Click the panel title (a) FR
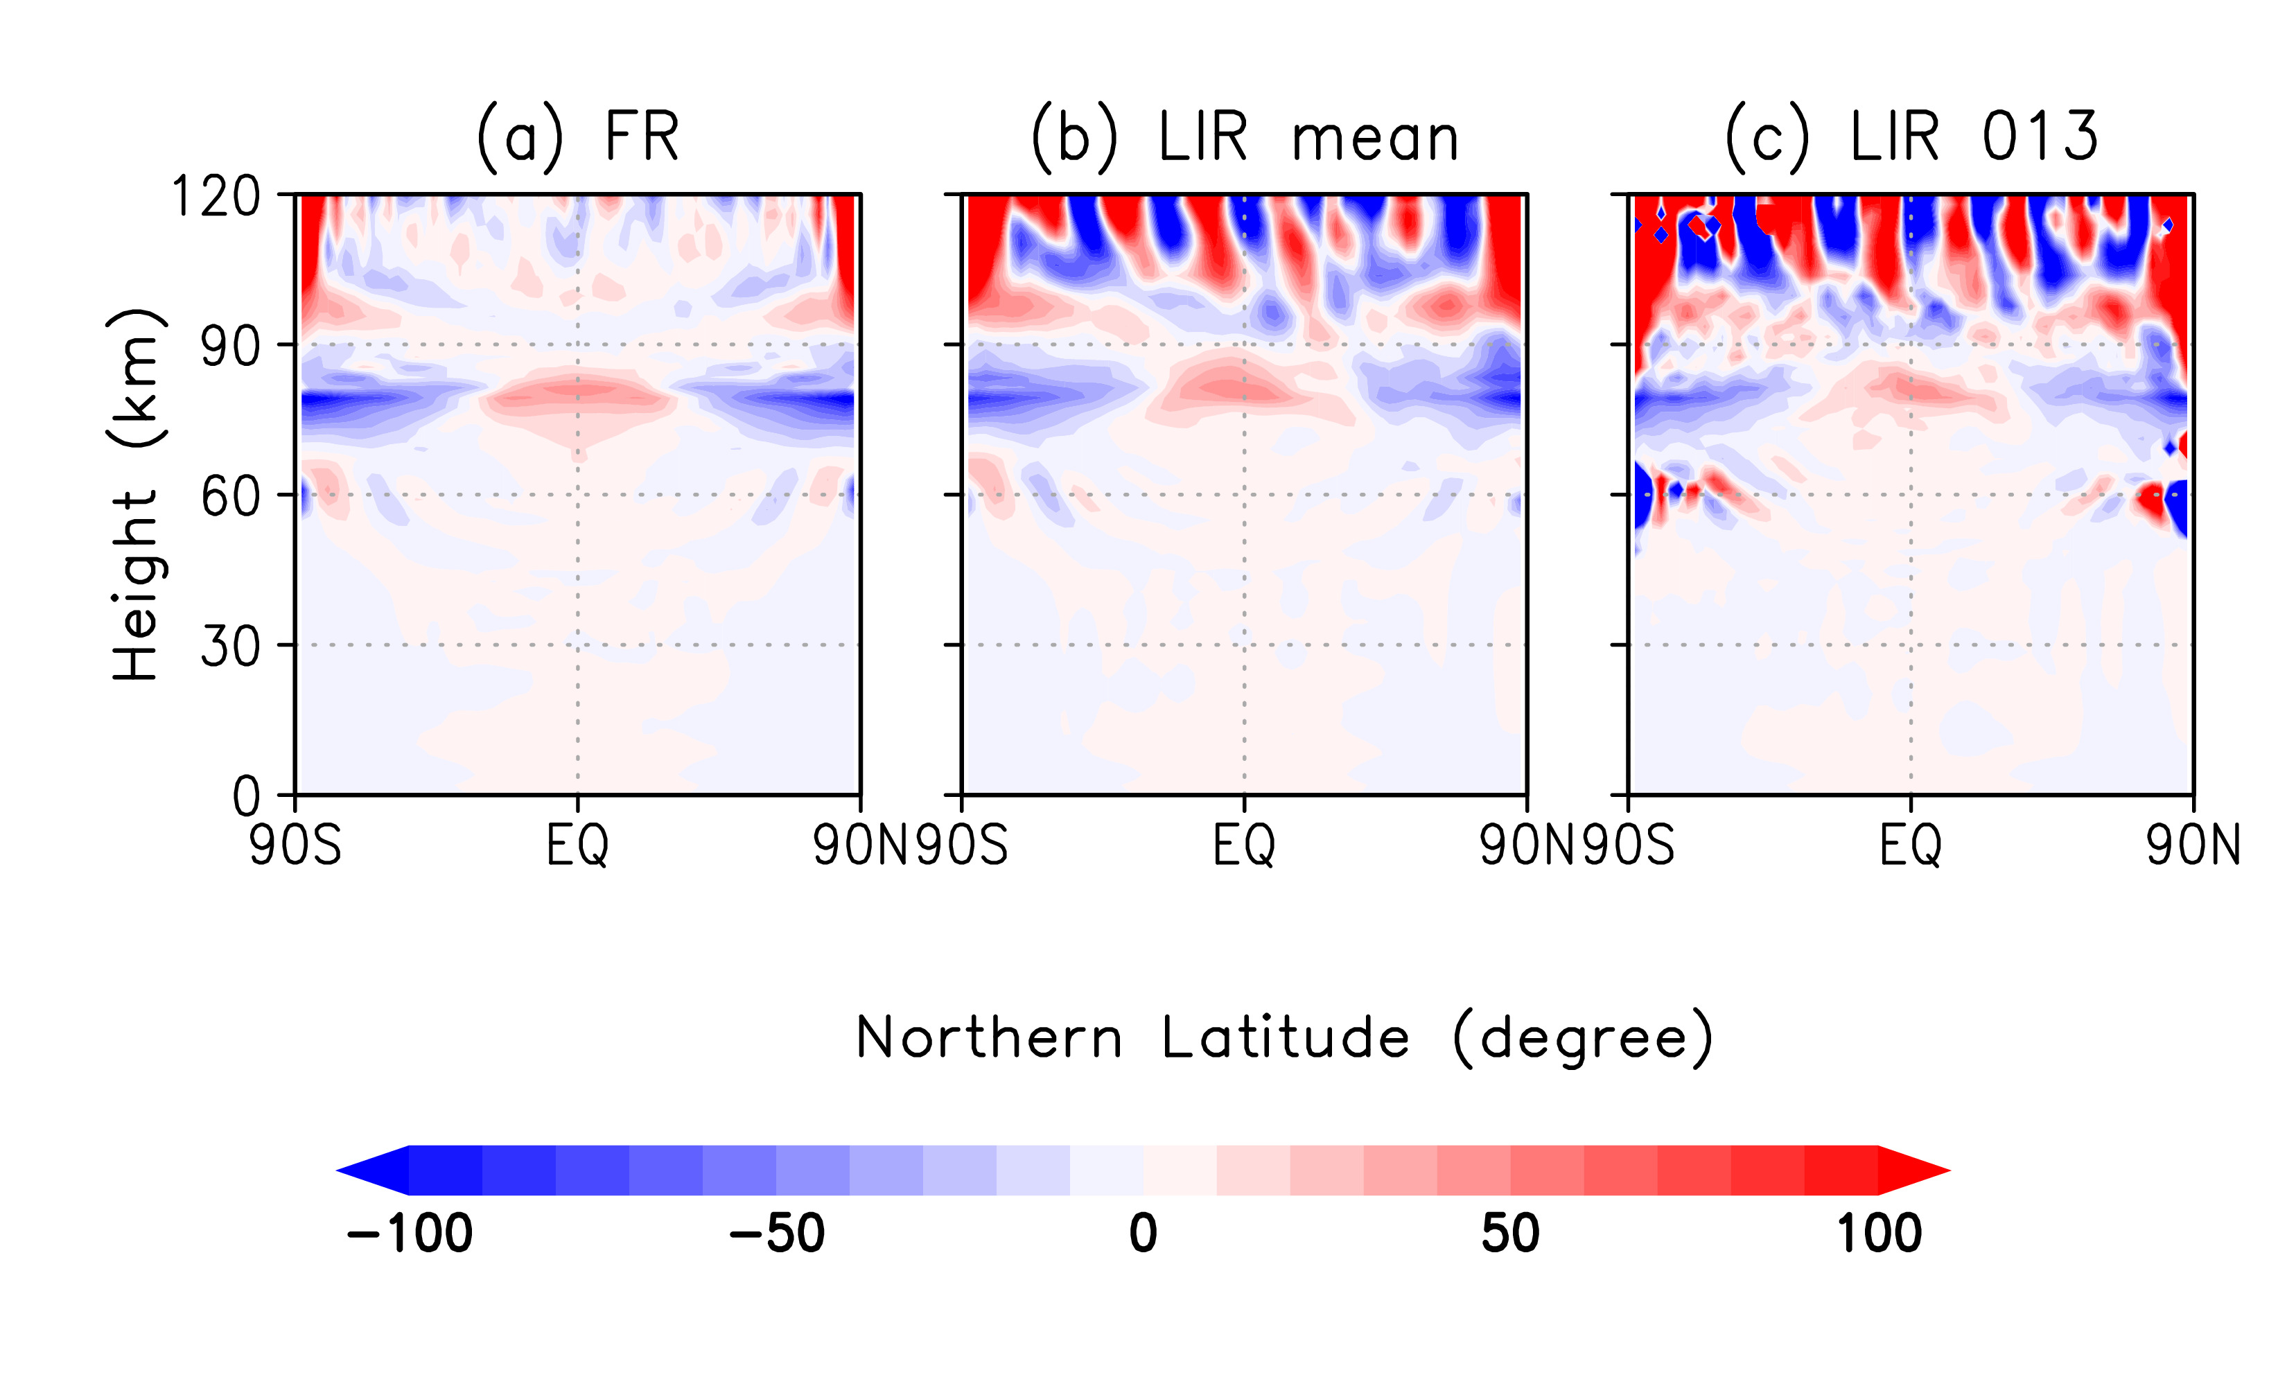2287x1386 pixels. coord(577,137)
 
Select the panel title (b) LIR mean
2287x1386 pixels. coord(1245,137)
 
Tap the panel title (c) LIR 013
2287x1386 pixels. coord(1911,137)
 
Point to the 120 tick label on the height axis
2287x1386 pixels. coord(216,197)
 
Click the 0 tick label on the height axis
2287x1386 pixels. coord(246,796)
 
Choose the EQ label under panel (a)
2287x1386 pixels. coord(577,845)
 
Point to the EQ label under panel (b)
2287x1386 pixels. coord(1245,845)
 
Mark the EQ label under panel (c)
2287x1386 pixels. coord(1911,845)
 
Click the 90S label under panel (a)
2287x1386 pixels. coord(295,845)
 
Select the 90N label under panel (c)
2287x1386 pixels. coord(2192,845)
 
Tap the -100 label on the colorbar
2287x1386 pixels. coord(410,1234)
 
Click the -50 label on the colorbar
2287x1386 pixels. coord(777,1234)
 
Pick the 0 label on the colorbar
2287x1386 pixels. coord(1143,1234)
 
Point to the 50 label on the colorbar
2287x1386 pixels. coord(1510,1234)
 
